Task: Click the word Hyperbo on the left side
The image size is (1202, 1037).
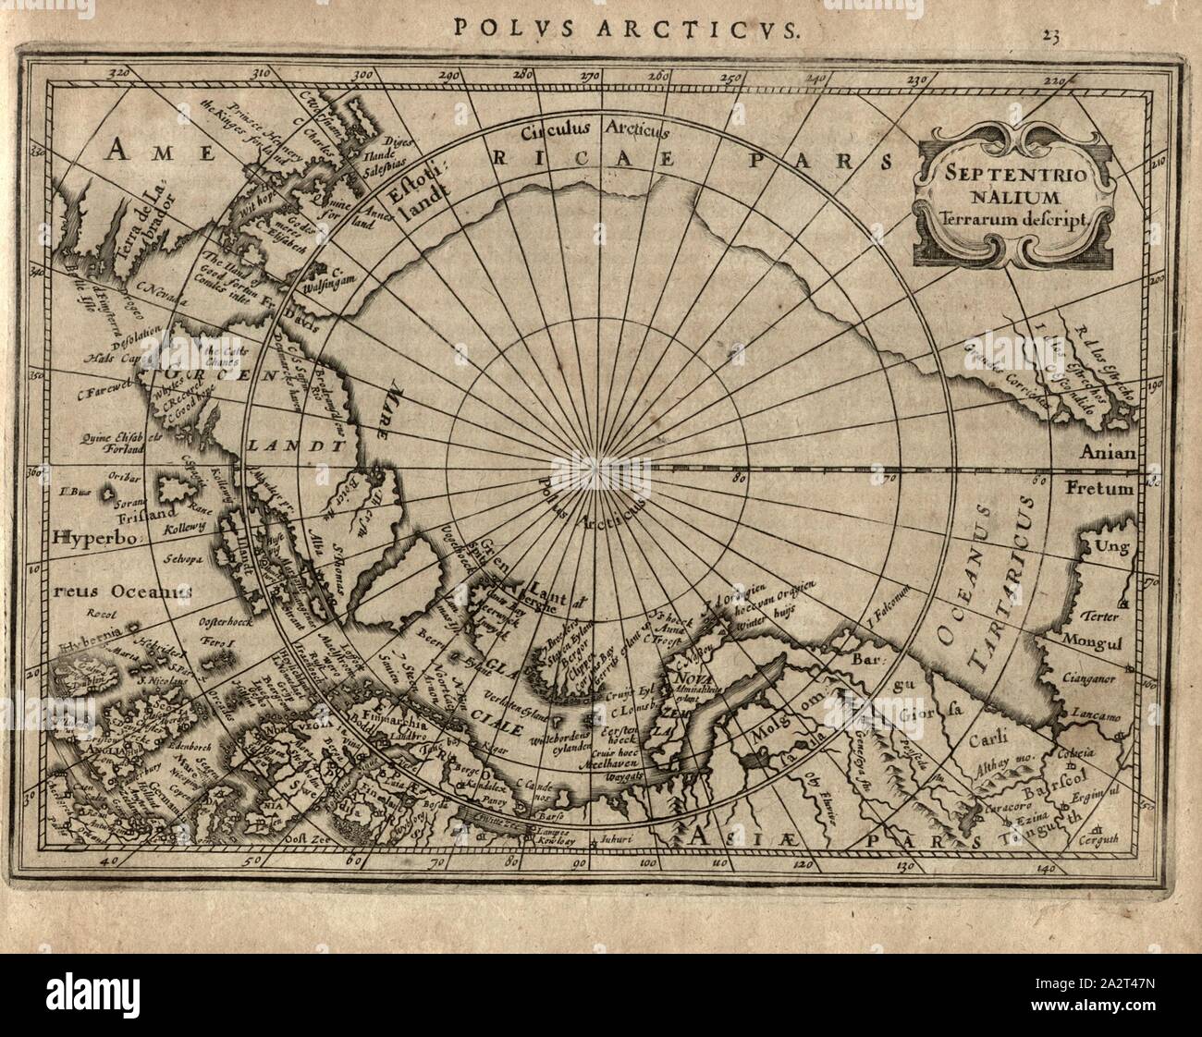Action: coord(92,537)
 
